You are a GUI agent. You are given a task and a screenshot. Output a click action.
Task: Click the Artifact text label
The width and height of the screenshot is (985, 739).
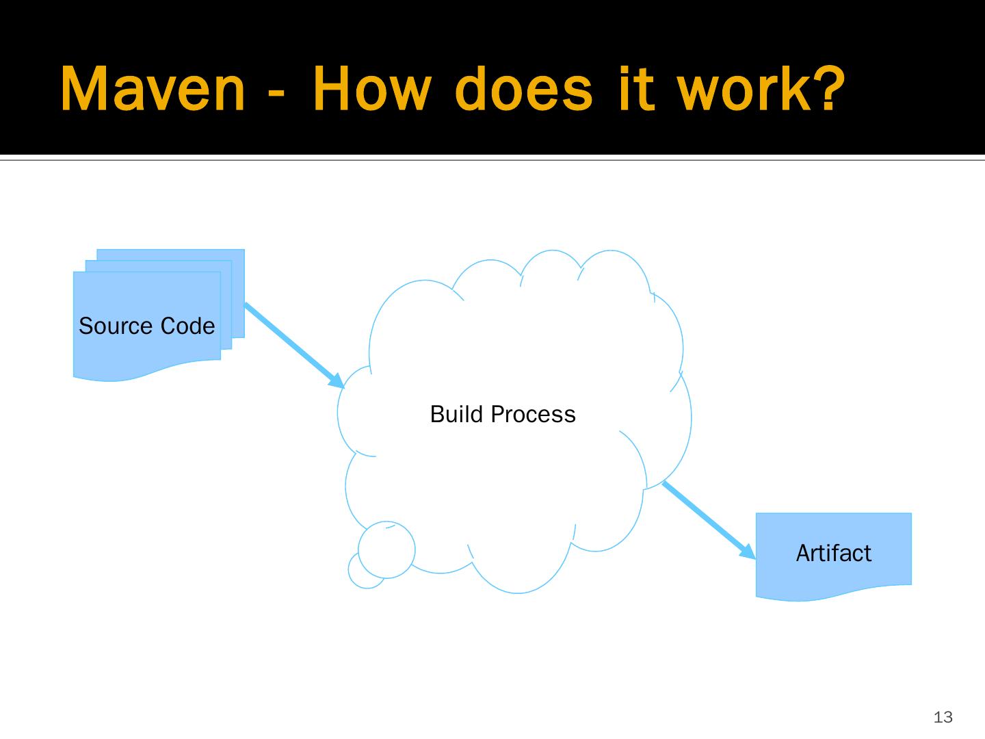click(833, 553)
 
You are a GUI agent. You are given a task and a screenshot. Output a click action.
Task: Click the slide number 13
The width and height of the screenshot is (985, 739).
click(943, 717)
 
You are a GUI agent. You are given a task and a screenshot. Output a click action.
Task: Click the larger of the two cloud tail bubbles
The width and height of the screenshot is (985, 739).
click(386, 549)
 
